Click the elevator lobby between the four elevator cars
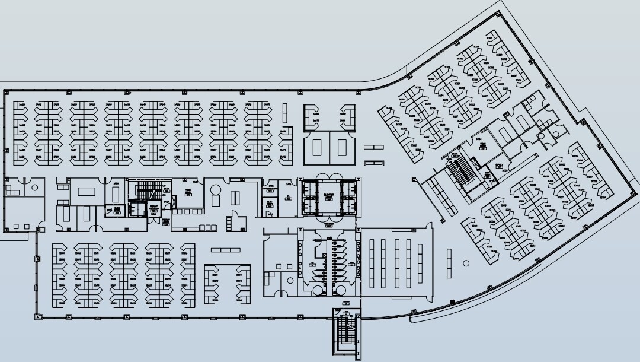click(328, 196)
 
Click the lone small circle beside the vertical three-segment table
click(466, 263)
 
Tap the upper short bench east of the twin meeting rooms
click(373, 147)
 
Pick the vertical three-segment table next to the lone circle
click(449, 263)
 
